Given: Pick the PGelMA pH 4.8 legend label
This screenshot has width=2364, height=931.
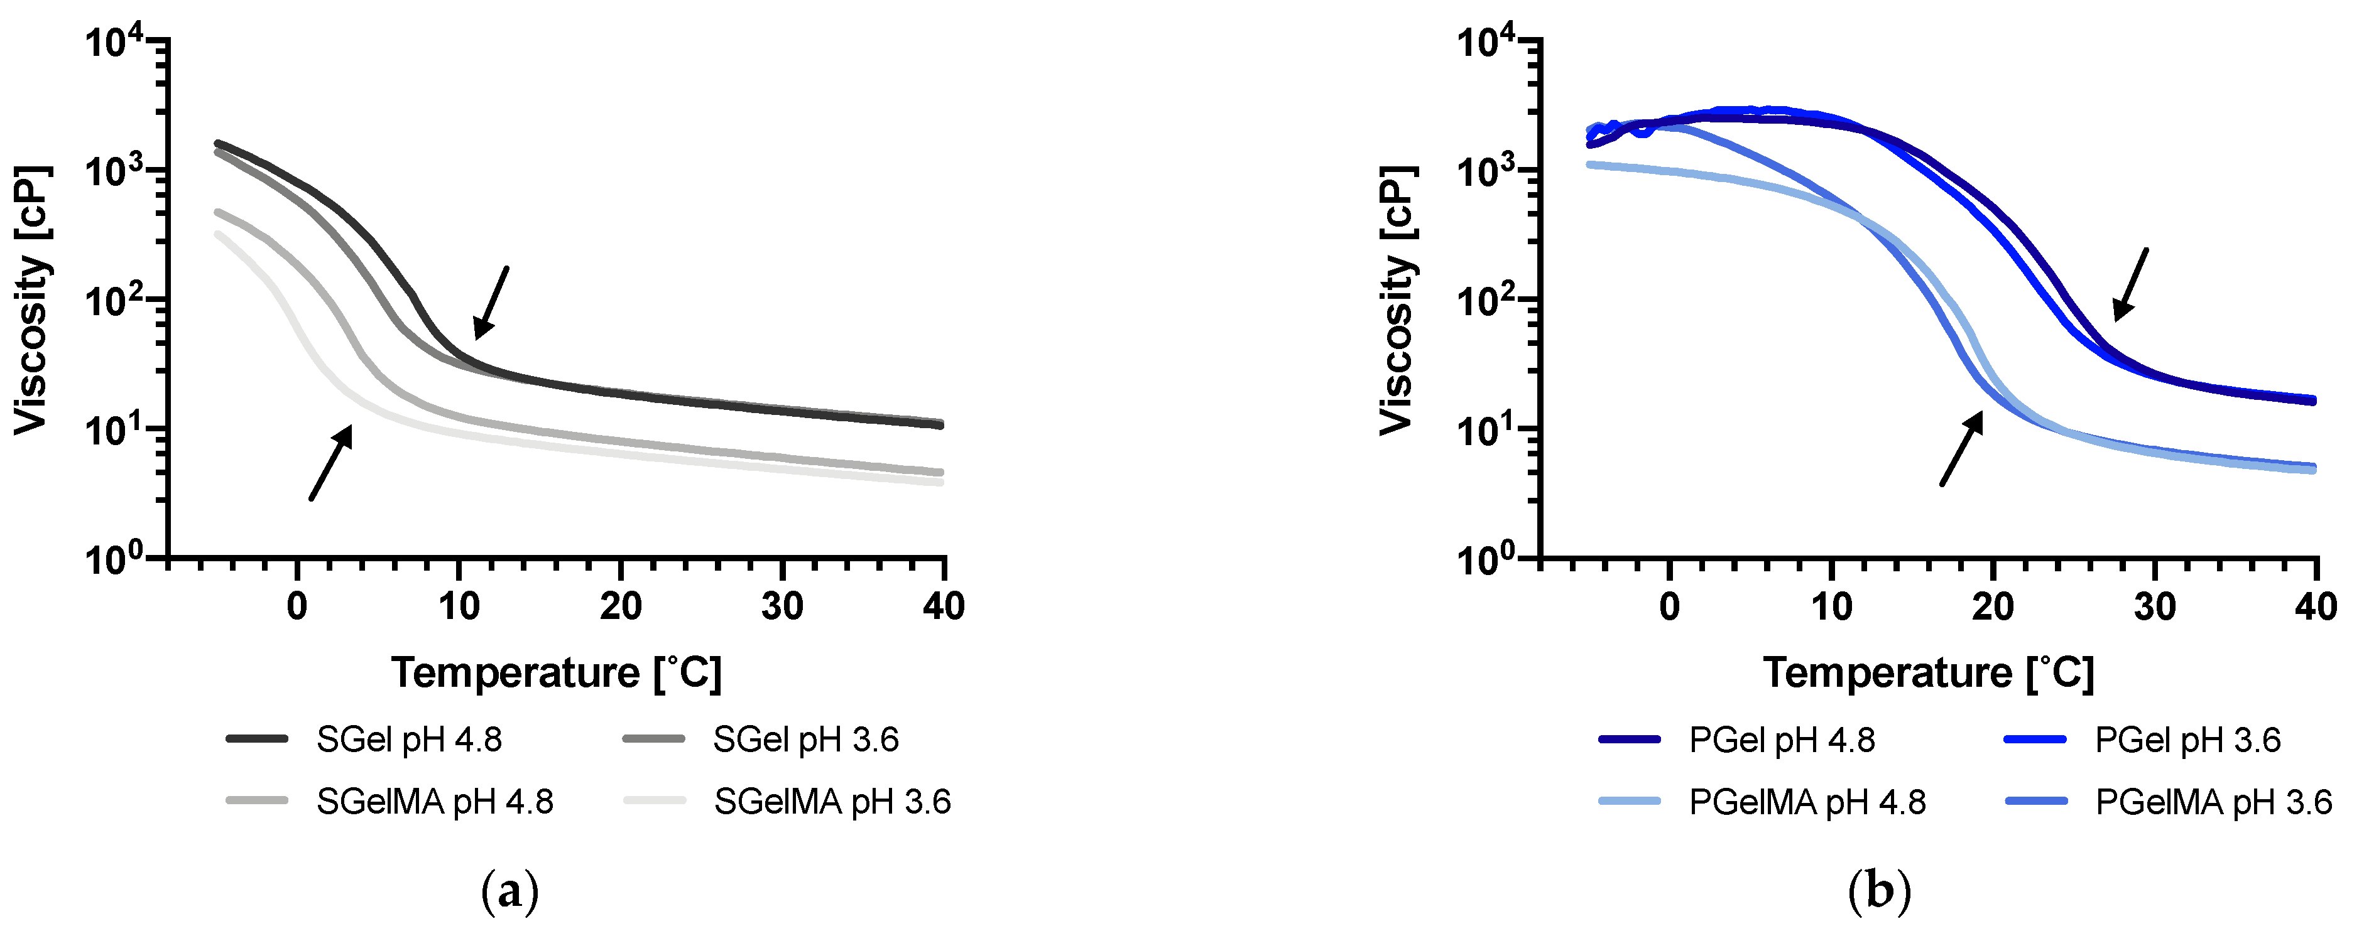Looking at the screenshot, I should coord(1806,802).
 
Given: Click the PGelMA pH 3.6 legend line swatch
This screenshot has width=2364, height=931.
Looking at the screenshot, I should coord(2035,802).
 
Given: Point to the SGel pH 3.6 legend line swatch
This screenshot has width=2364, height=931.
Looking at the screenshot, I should coord(653,740).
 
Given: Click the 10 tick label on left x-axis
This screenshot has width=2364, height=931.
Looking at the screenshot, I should coord(459,606).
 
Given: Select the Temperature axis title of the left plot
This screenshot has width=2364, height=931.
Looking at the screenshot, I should coord(556,672).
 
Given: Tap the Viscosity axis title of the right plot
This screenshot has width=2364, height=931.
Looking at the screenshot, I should coord(1396,300).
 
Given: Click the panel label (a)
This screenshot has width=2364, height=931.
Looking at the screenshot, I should coord(509,891).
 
